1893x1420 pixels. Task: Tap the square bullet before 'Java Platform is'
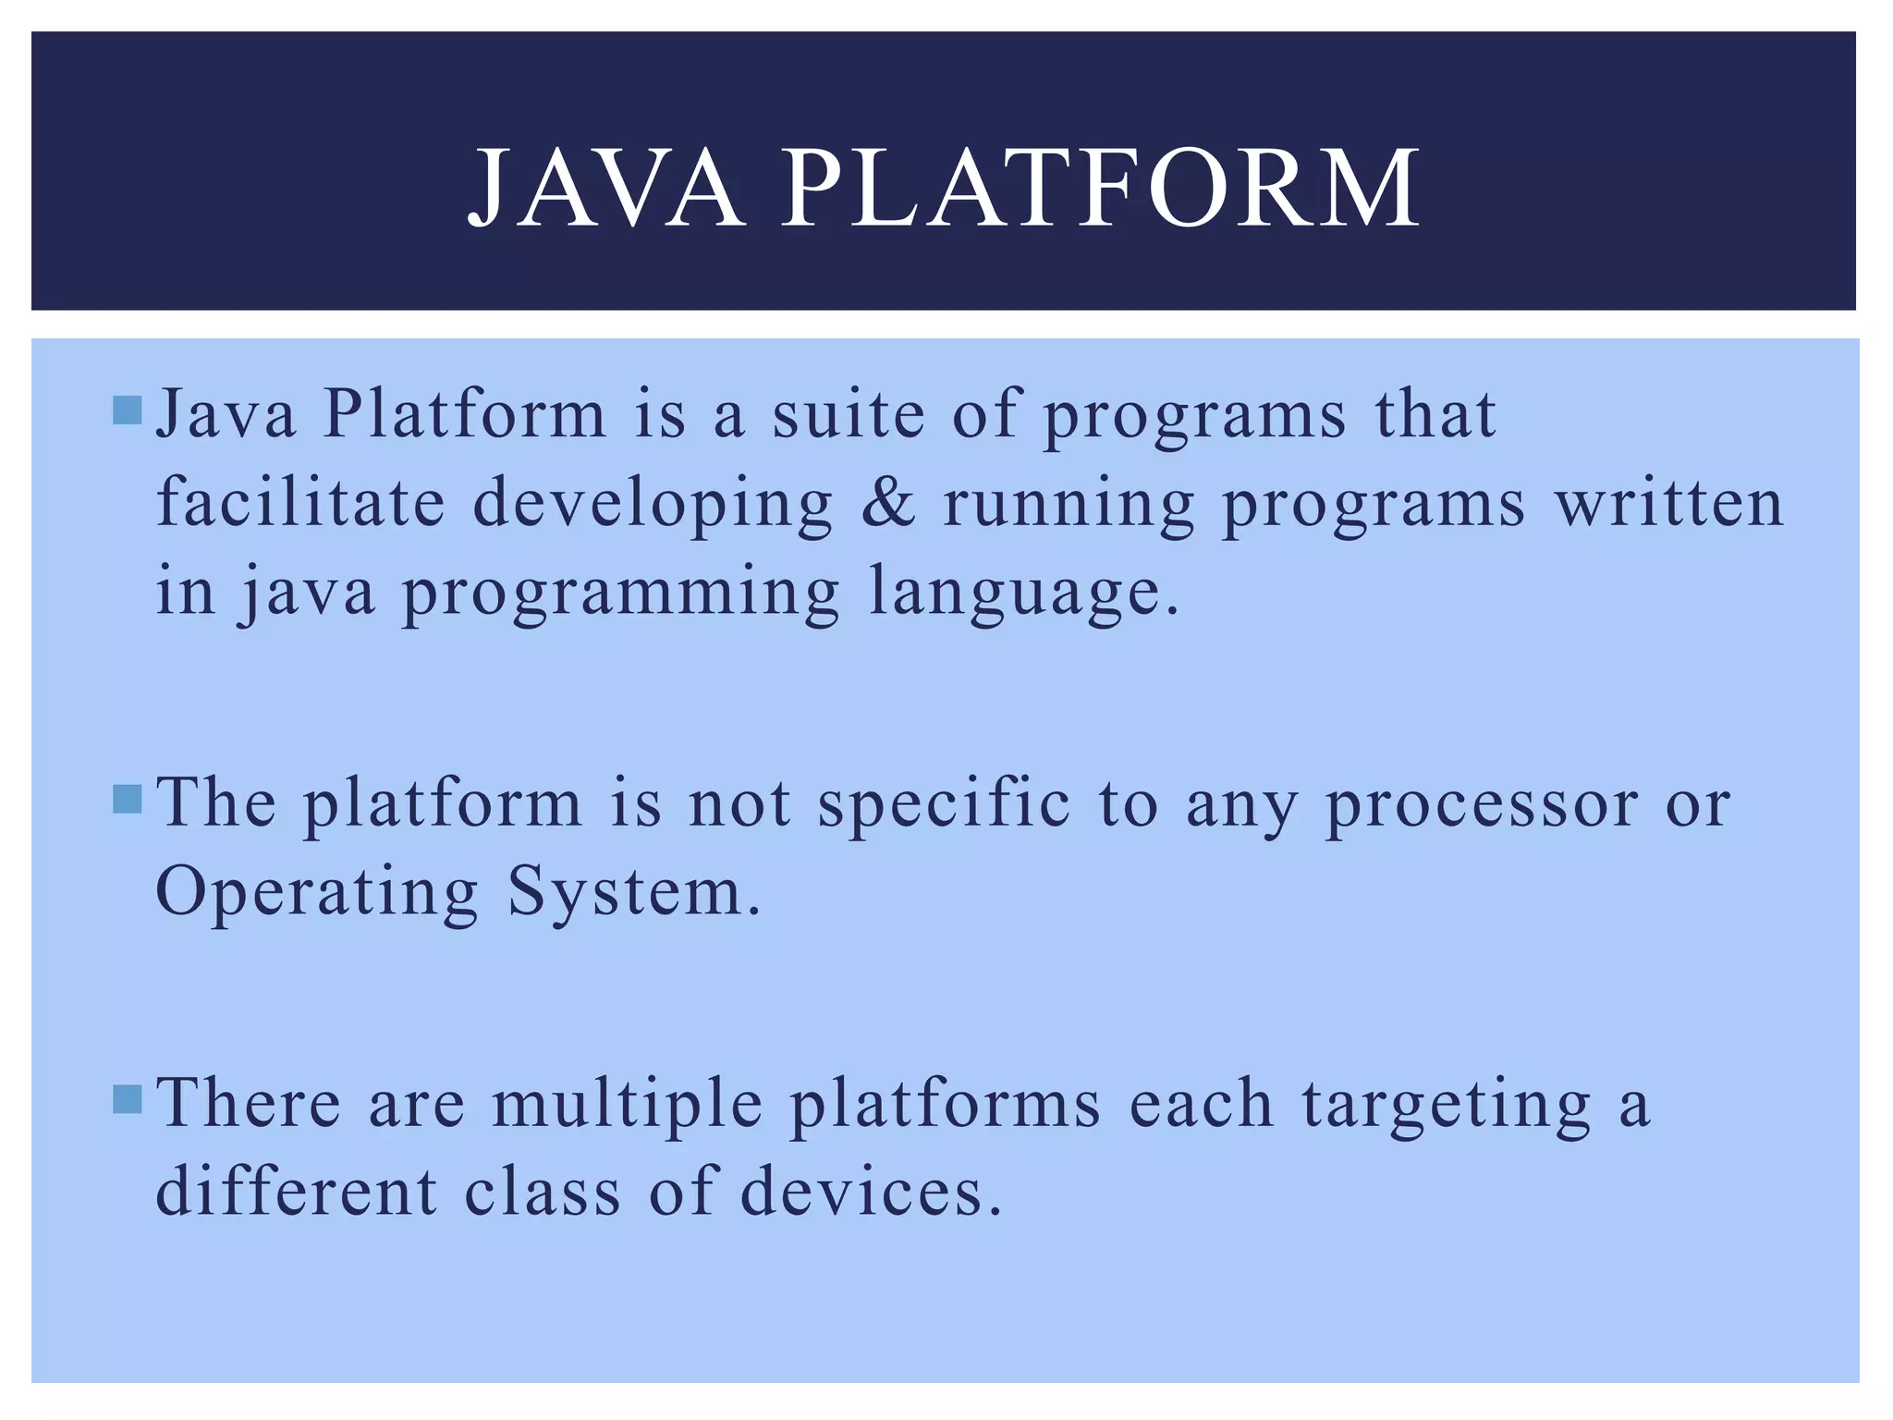pos(127,410)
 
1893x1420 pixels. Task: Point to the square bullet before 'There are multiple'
pos(127,1099)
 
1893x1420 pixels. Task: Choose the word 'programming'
pos(620,594)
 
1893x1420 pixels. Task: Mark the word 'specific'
pos(944,804)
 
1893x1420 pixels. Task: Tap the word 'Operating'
pos(317,894)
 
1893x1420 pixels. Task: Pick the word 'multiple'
pos(627,1105)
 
